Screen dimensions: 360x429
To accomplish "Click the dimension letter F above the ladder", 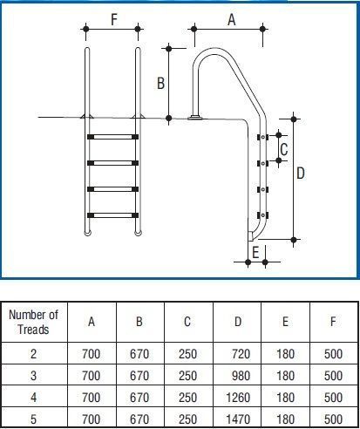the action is point(114,20).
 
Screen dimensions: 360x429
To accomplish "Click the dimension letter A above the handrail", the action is point(232,20).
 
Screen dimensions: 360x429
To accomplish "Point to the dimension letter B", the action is point(160,83).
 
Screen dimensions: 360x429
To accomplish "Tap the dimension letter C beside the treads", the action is point(284,149).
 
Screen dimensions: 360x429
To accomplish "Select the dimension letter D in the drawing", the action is point(301,174).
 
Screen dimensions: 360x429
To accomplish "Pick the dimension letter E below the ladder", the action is point(255,252).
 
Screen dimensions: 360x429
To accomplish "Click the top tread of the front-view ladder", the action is point(112,137).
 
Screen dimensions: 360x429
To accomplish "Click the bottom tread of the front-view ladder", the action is point(112,215).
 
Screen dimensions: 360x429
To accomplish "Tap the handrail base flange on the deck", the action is point(196,118).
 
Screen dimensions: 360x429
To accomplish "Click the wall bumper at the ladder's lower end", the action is point(250,236).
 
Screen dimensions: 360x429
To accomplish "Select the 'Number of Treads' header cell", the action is point(34,322).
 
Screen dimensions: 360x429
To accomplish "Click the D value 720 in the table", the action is point(241,354).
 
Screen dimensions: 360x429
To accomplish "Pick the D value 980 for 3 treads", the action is point(241,376).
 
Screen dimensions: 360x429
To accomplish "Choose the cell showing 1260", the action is point(238,398).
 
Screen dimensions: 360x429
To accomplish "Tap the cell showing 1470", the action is point(238,419).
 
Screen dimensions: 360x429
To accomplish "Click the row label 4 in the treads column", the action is point(34,398).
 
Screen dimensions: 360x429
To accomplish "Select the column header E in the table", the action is point(285,322).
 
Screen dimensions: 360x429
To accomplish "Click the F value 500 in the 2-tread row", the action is point(333,354).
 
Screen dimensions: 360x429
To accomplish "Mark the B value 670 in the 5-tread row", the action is point(139,419).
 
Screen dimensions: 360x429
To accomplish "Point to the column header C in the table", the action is point(187,322).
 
